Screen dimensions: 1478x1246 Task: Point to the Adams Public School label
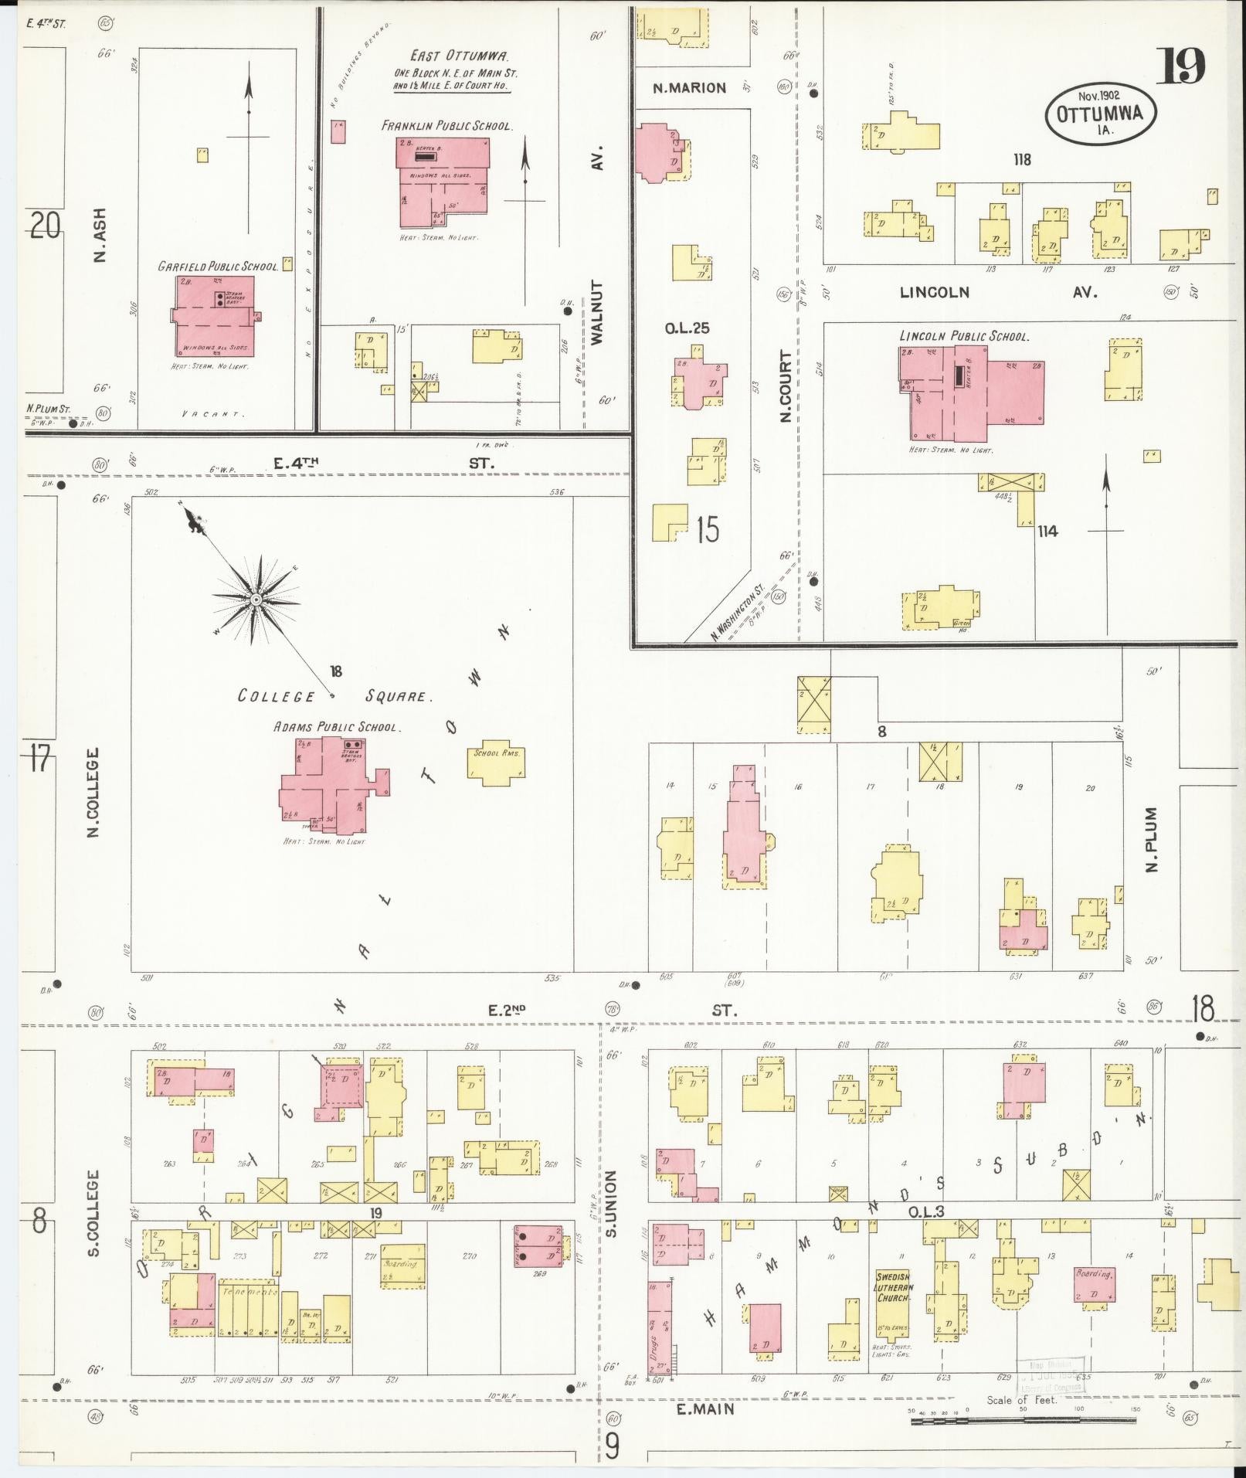click(x=335, y=727)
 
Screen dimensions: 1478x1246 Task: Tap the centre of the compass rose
click(x=255, y=600)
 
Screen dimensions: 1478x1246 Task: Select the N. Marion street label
click(x=689, y=88)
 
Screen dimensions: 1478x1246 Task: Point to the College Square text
click(x=334, y=696)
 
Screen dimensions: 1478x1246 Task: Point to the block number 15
click(x=706, y=530)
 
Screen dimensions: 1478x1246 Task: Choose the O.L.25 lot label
click(x=687, y=328)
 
